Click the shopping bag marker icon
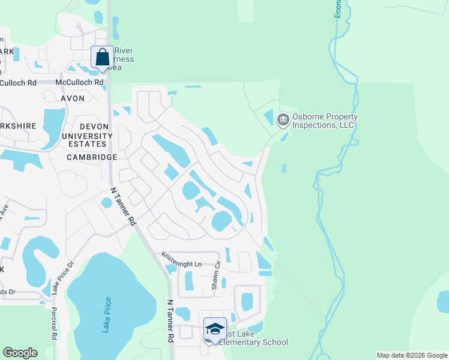(102, 58)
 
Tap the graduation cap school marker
(215, 329)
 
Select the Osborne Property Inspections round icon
(283, 121)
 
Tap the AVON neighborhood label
(73, 97)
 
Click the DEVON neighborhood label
(94, 127)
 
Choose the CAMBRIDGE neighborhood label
(91, 157)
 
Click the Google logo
(20, 353)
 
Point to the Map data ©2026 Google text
(411, 355)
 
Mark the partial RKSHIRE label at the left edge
(19, 126)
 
